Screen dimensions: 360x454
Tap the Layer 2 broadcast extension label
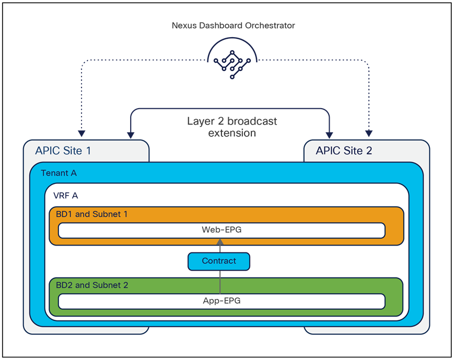click(x=232, y=127)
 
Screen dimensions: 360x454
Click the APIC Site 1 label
click(x=63, y=151)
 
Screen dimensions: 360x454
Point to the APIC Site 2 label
click(x=344, y=151)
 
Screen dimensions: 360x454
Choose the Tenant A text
click(x=59, y=173)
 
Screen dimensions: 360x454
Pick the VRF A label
click(x=66, y=195)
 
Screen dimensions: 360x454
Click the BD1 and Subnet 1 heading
click(x=91, y=214)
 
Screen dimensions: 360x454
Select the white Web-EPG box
click(x=222, y=230)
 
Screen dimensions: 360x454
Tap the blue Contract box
click(x=219, y=261)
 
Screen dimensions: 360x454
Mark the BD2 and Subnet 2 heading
click(x=92, y=285)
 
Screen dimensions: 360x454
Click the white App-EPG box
click(x=222, y=301)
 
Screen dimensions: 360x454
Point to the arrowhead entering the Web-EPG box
click(x=219, y=241)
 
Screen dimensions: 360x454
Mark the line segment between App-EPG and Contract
click(x=219, y=282)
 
